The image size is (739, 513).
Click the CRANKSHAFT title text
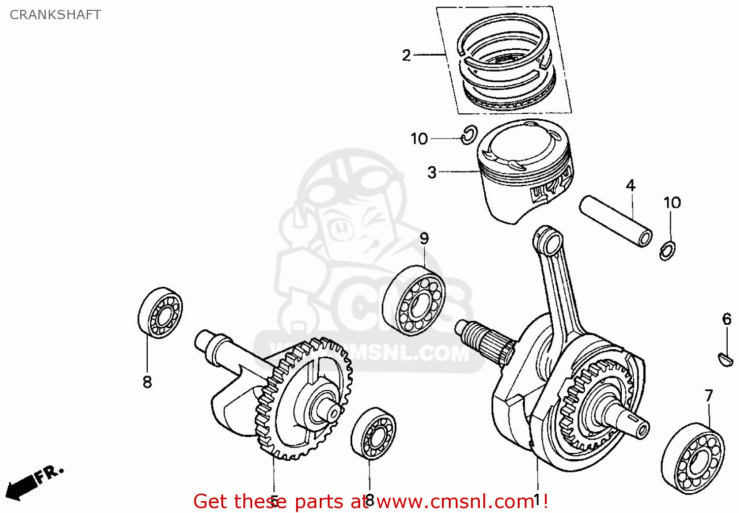55,15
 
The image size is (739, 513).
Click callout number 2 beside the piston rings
406,55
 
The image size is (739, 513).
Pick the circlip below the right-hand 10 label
668,250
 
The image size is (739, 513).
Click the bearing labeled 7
692,458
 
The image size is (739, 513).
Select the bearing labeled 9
414,301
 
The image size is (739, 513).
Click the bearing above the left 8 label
160,313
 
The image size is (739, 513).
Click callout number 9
424,239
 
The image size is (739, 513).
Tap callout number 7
708,395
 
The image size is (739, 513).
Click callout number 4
631,185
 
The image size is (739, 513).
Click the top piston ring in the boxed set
505,37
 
